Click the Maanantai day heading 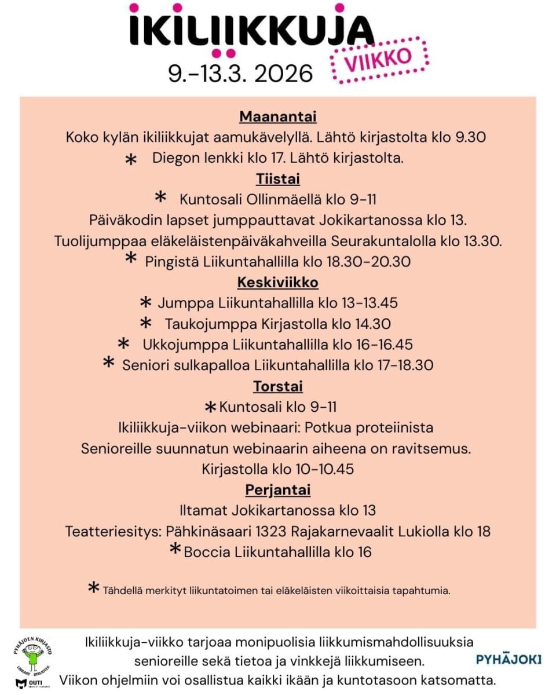[x=278, y=116]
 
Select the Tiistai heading [x=278, y=178]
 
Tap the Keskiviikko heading [x=278, y=282]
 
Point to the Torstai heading [x=278, y=386]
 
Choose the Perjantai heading [x=278, y=489]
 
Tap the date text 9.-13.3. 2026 [x=240, y=74]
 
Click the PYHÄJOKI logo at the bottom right [x=509, y=659]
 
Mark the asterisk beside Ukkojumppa [x=123, y=345]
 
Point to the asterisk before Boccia [x=175, y=550]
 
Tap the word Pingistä [x=172, y=261]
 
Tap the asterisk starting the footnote [x=93, y=589]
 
